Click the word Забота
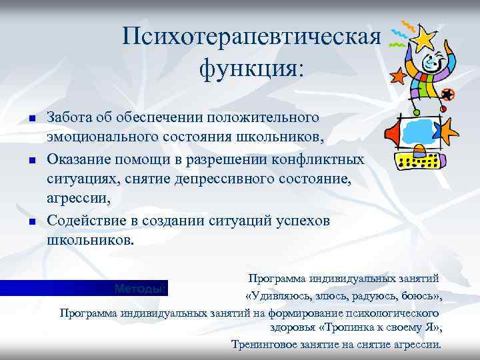point(69,117)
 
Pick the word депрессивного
point(219,179)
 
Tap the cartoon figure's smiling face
point(431,64)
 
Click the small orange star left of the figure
point(398,76)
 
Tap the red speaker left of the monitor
point(393,131)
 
